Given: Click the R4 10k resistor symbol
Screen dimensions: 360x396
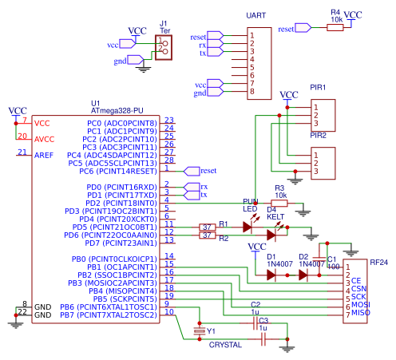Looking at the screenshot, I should [x=335, y=26].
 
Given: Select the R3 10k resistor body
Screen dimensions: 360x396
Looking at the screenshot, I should [x=279, y=203].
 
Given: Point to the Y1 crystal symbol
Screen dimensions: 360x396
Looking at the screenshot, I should [x=200, y=329].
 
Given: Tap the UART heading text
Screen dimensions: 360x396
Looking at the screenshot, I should [x=256, y=15].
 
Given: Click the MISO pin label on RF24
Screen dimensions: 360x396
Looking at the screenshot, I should [x=360, y=311].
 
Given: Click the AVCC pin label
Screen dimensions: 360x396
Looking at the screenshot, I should [x=45, y=137].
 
